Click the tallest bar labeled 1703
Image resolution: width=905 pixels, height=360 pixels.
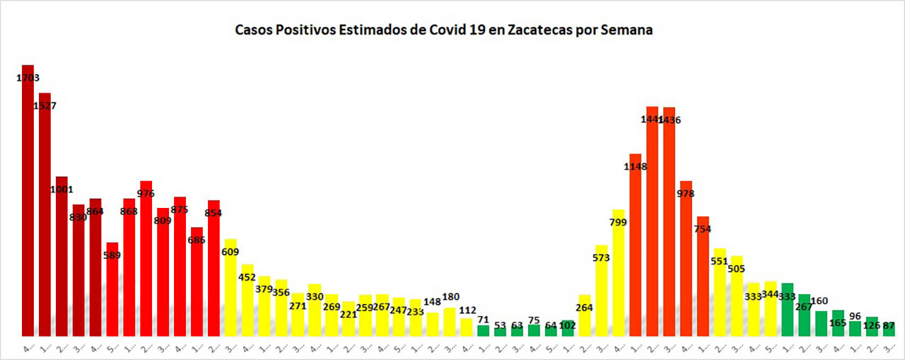[28, 205]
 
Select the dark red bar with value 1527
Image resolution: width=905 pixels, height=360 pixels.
[45, 219]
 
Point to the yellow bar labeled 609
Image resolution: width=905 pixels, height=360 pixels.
[230, 290]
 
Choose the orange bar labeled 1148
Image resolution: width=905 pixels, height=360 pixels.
[635, 248]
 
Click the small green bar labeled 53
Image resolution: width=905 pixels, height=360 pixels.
[501, 331]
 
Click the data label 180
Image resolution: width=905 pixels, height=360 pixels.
[450, 296]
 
